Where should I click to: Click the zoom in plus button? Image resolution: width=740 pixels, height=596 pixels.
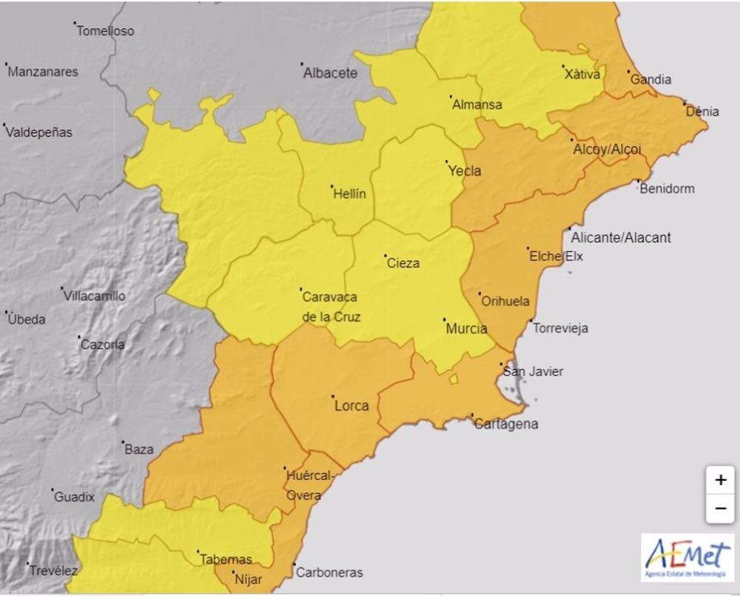point(720,480)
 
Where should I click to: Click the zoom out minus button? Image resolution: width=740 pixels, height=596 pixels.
point(720,509)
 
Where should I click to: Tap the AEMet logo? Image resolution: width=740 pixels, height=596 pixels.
point(687,557)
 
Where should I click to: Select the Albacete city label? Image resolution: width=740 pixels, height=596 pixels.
point(331,73)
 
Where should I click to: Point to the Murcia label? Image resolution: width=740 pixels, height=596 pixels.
point(466,329)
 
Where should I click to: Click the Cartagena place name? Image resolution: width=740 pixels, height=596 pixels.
point(506,424)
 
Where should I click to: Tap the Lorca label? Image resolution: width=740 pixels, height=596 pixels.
point(351,405)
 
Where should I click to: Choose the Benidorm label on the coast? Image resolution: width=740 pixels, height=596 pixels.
point(667,189)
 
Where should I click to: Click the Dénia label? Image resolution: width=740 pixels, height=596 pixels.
point(702,112)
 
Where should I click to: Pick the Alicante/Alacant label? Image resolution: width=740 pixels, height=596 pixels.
point(621,237)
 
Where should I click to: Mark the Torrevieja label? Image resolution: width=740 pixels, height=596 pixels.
point(560,328)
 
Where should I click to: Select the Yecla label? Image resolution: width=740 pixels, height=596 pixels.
point(465,171)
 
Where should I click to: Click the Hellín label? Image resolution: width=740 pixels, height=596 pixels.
point(349,194)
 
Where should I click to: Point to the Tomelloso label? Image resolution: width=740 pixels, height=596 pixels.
point(105,31)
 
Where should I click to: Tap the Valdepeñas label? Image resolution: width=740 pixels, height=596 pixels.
point(39,132)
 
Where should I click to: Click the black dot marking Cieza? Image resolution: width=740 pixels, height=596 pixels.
point(385,256)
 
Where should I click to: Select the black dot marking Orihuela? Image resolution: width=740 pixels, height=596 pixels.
point(479,294)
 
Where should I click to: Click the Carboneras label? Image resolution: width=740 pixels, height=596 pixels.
point(329,572)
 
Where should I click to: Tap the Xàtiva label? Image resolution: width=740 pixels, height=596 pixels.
point(583,74)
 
